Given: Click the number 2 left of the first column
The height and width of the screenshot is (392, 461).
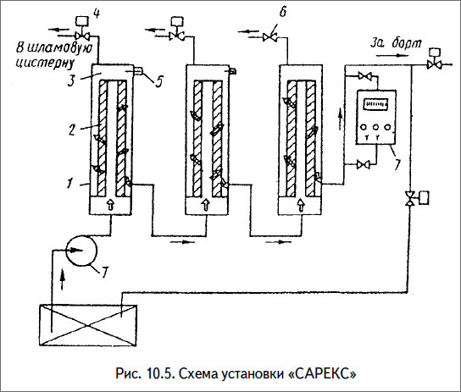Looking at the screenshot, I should coord(75,129).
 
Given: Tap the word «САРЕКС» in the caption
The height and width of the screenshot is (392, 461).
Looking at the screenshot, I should coord(322,373).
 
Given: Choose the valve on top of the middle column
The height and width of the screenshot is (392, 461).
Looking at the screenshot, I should coord(180,36).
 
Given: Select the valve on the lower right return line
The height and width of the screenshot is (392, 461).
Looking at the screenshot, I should coord(409,199).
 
